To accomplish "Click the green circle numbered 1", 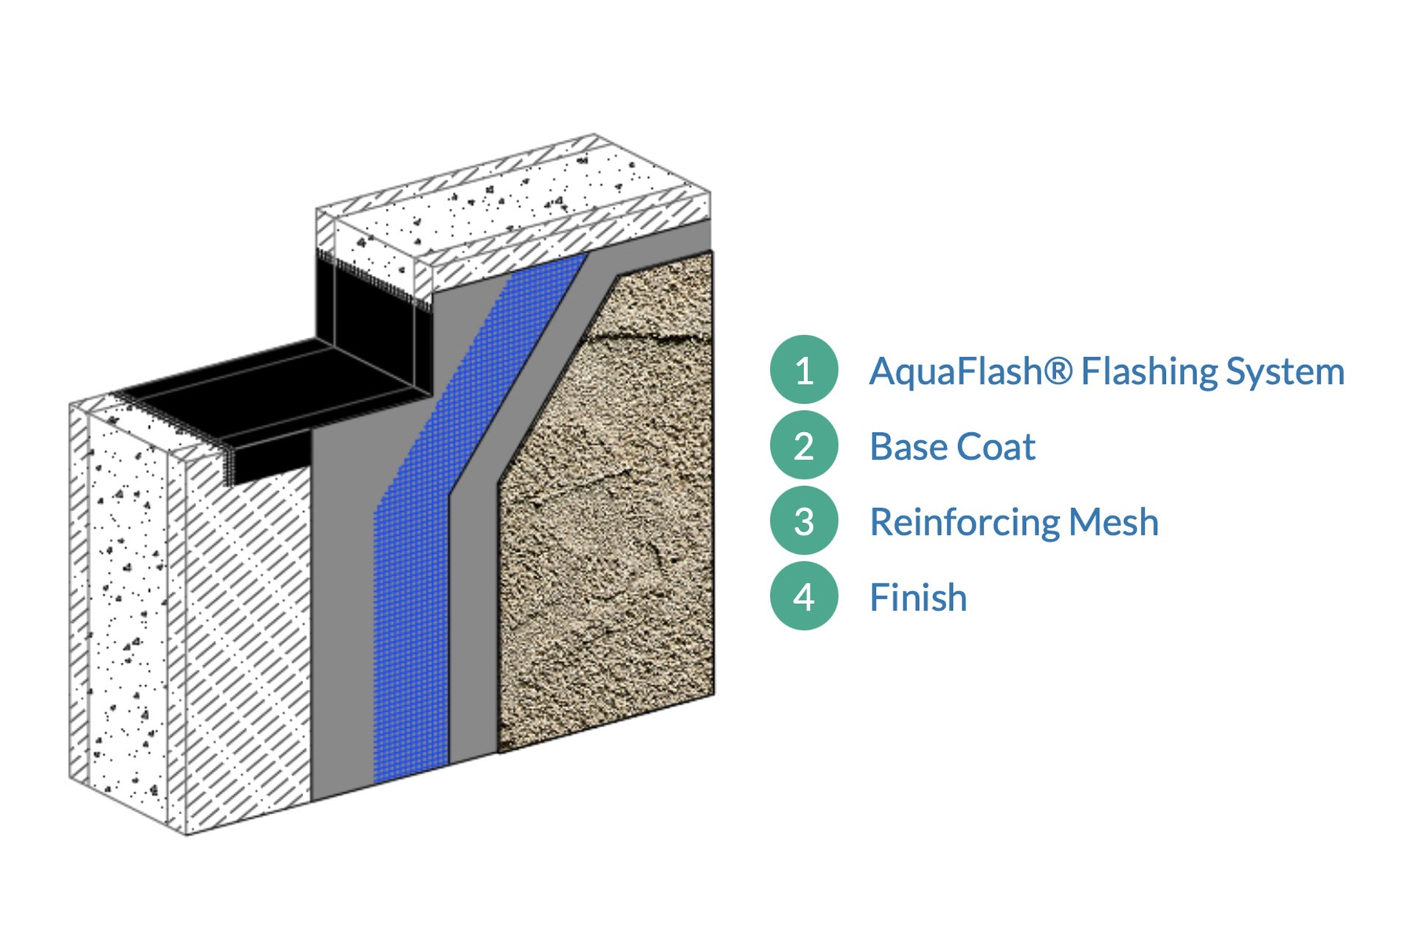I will (x=804, y=369).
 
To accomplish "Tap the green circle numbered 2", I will (x=804, y=445).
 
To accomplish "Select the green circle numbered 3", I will (x=804, y=521).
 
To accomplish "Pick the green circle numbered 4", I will (x=804, y=597).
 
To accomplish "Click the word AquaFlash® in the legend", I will (x=971, y=371).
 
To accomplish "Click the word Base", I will (x=908, y=447).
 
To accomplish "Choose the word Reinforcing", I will (x=964, y=523).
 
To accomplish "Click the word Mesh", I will (x=1114, y=522).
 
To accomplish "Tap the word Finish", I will (x=918, y=597).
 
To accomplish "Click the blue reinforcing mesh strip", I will (x=413, y=590).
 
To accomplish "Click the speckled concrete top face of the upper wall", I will (x=516, y=199).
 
